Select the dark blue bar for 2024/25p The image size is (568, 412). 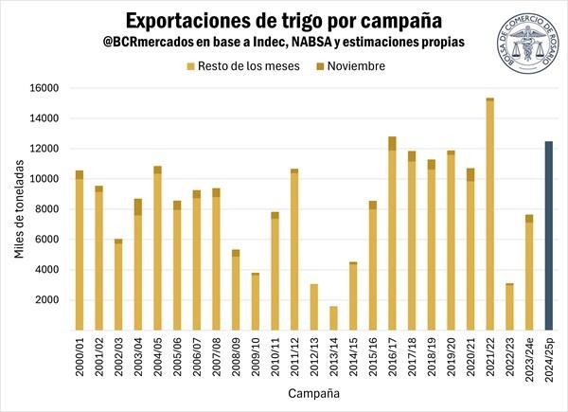548,236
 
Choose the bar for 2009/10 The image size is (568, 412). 256,302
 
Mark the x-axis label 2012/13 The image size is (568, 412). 314,358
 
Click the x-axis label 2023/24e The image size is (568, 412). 529,361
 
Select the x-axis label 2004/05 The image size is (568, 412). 158,358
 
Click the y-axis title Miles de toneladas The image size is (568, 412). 17,209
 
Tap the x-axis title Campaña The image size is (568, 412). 313,391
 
